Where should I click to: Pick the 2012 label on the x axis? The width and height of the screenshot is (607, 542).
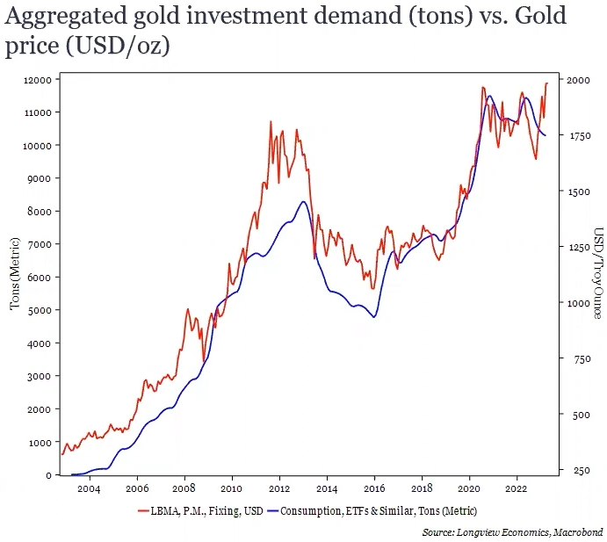point(279,488)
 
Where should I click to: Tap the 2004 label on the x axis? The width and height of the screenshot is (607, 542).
point(89,488)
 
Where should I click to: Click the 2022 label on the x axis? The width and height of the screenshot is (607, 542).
point(517,488)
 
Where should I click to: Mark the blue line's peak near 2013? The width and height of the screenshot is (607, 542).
point(302,201)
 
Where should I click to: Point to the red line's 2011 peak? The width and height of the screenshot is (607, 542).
point(271,121)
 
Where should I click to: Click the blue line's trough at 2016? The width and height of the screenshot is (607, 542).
point(375,317)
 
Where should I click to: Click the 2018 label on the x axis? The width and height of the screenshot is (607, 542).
point(422,488)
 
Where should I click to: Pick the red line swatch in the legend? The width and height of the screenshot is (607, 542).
point(143,510)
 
